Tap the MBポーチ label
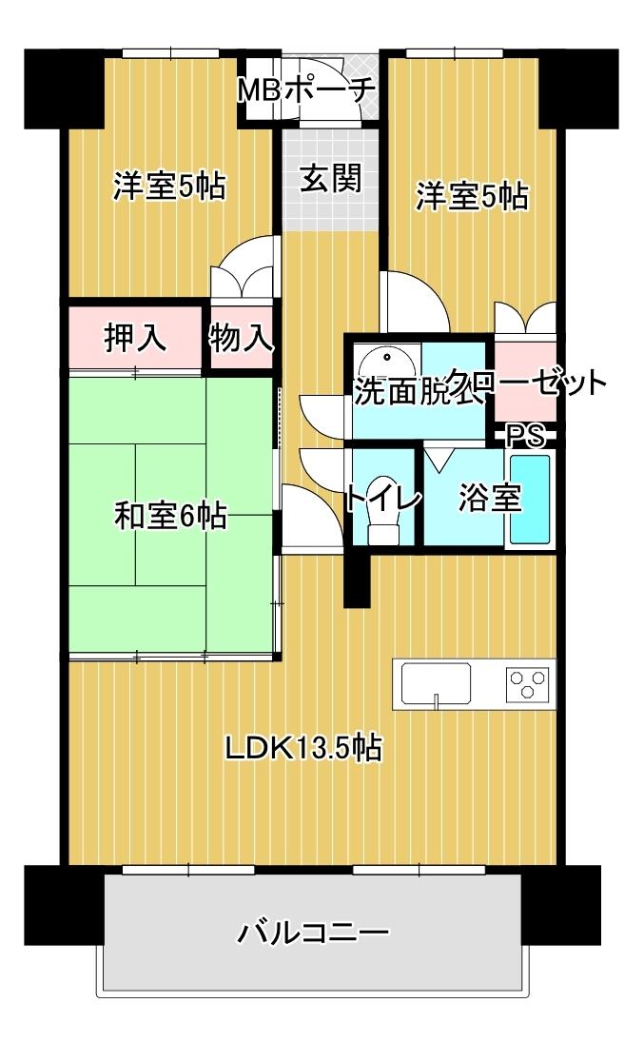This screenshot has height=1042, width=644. coord(306,91)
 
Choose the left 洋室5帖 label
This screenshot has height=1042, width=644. coord(169,187)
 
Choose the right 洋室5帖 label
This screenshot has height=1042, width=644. coord(472,197)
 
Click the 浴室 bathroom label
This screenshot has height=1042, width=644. coord(491,498)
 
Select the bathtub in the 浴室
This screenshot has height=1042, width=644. coord(530,499)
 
